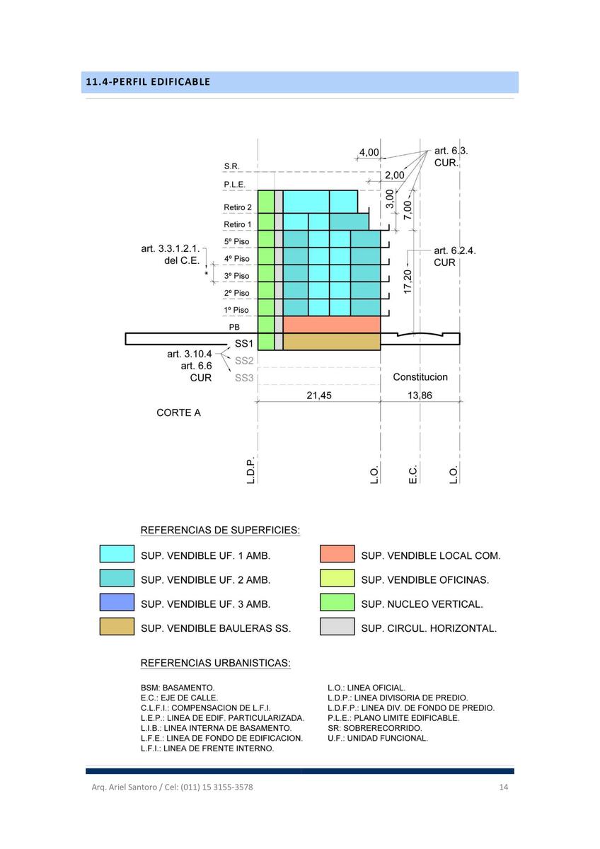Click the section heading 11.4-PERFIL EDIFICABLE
[x=148, y=82]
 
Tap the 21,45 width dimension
[x=319, y=395]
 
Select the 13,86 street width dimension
[x=420, y=395]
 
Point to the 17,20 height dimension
[x=408, y=282]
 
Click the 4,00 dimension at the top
[x=369, y=152]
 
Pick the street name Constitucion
[x=420, y=376]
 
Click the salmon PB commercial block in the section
[x=332, y=325]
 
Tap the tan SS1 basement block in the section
[x=332, y=342]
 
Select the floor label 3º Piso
[x=236, y=275]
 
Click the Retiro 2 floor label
[x=238, y=207]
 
